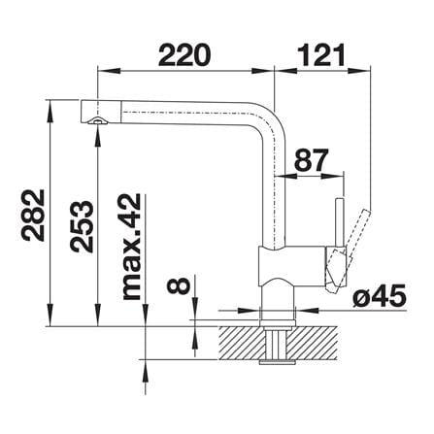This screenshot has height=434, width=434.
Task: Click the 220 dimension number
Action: coord(184,55)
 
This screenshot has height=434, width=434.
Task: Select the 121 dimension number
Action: coord(321,55)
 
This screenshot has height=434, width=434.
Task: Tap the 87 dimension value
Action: coord(312,160)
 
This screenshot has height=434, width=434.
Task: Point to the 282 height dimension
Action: coord(33,216)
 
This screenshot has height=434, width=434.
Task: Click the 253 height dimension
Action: coord(82,226)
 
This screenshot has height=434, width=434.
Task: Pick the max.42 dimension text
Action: coord(132,247)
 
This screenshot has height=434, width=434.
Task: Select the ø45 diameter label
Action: coord(379,296)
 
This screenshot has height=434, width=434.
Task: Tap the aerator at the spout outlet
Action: coord(97,120)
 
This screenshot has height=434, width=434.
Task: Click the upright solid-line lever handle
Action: coord(340,223)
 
